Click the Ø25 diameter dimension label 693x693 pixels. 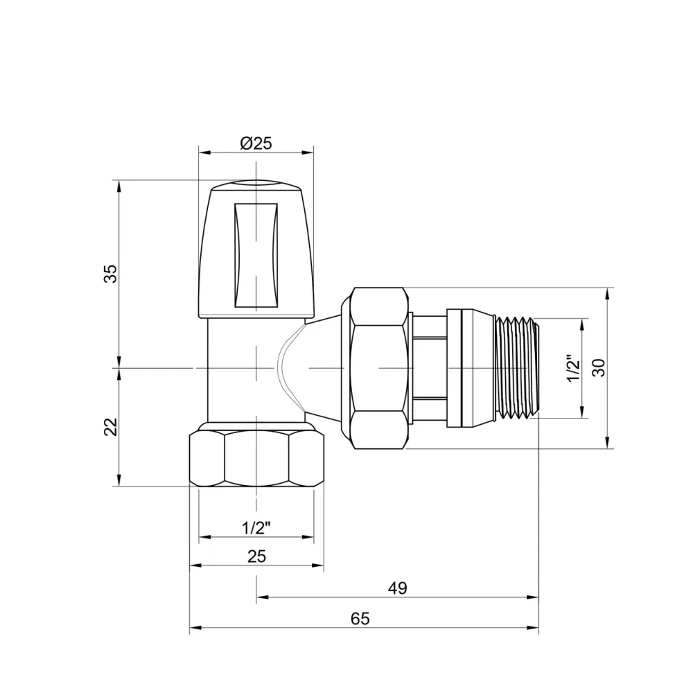pyautogui.click(x=256, y=143)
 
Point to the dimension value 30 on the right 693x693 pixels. pyautogui.click(x=600, y=367)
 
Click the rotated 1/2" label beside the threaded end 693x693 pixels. pyautogui.click(x=572, y=369)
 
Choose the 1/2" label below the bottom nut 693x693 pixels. pyautogui.click(x=256, y=527)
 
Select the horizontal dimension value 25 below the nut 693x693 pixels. pyautogui.click(x=256, y=556)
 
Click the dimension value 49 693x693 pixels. pyautogui.click(x=397, y=588)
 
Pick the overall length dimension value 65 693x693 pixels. pyautogui.click(x=360, y=619)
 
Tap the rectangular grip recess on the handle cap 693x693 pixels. pyautogui.click(x=256, y=254)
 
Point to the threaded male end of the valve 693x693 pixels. pyautogui.click(x=516, y=368)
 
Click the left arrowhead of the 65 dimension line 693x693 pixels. pyautogui.click(x=194, y=628)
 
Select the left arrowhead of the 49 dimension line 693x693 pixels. pyautogui.click(x=261, y=597)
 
